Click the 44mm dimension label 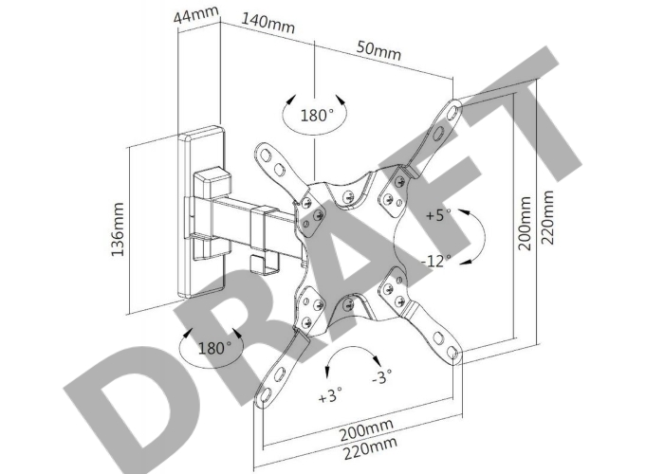tap(196, 16)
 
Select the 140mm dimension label tap(267, 23)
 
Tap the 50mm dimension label tap(378, 50)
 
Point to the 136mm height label tap(118, 229)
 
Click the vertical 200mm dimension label tap(525, 223)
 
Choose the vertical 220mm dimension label tap(547, 217)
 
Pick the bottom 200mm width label tap(366, 428)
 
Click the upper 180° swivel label tap(317, 115)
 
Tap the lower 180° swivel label tap(214, 348)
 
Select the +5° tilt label tap(438, 215)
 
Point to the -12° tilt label tap(436, 261)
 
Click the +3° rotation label tap(330, 396)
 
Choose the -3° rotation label tap(382, 376)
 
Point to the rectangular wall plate tap(201, 211)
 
